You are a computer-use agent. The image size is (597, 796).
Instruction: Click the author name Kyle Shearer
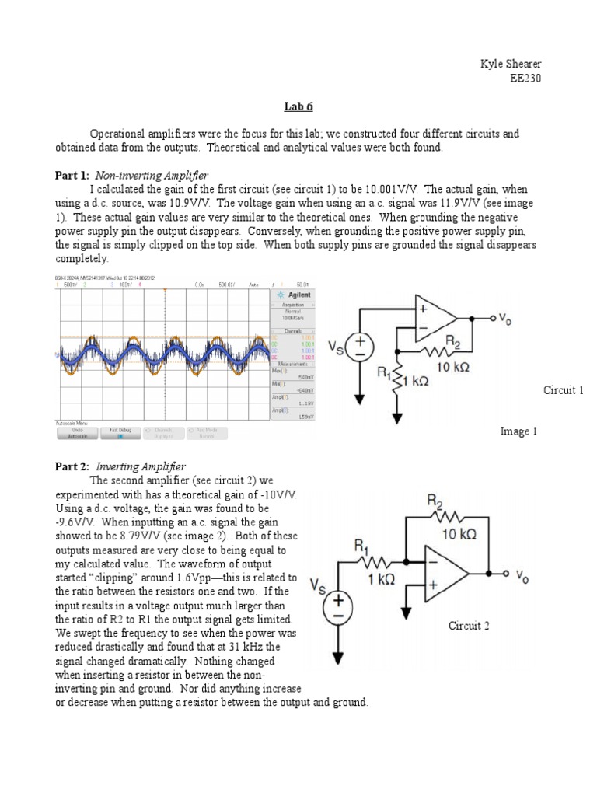(511, 64)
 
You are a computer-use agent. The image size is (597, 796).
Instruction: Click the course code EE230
(525, 78)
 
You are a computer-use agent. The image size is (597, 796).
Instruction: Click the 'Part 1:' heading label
(72, 176)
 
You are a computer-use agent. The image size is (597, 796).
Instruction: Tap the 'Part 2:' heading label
(72, 466)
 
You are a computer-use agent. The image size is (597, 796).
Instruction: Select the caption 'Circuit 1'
(563, 390)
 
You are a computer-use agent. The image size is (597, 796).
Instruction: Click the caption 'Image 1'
(518, 431)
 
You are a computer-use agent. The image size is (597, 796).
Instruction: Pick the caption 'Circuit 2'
(469, 625)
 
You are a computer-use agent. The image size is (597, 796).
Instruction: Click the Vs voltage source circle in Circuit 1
(360, 347)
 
